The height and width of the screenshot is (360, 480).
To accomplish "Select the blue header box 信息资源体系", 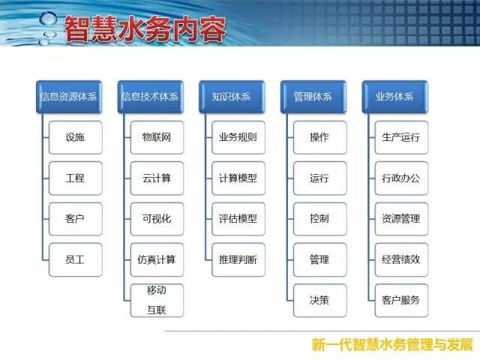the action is point(69,97).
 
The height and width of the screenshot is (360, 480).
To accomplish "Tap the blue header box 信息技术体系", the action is point(150,97).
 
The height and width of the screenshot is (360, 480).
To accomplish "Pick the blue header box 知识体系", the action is point(232,97).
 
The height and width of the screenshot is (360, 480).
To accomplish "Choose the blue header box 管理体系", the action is point(313,97).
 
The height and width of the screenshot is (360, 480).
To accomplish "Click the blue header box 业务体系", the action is point(394,97).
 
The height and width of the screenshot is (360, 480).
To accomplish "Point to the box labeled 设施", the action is point(75,137).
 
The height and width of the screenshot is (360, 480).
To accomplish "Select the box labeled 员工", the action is point(75,260).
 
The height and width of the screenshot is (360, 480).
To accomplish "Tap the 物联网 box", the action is point(157,137).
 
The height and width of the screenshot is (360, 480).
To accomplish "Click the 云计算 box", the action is point(157,178).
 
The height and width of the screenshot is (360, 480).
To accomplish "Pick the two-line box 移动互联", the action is point(157,300).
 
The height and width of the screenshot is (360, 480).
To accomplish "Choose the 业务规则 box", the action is point(238,137).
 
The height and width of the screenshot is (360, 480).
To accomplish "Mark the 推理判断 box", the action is point(238,260).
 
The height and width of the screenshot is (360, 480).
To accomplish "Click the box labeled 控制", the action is point(319,219).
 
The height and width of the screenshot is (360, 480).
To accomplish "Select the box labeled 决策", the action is point(319,300).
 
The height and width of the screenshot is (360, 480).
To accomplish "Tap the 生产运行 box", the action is point(401,137).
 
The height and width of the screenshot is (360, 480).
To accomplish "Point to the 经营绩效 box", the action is point(401,260).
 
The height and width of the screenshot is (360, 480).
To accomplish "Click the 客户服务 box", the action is point(401,300).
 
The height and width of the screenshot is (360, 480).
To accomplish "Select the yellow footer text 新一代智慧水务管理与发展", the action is point(392,345).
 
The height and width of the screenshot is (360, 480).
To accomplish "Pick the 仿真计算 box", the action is point(157,260).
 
